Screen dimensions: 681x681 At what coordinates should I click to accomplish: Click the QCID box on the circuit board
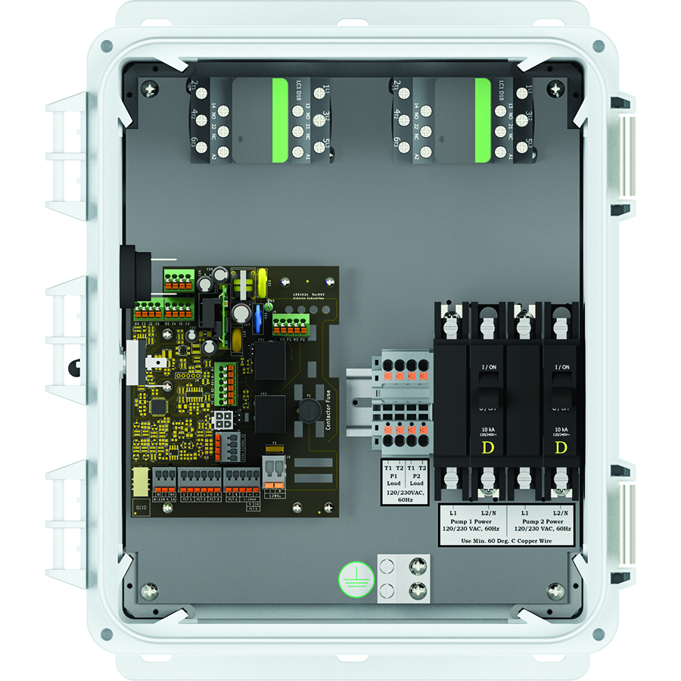141,507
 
